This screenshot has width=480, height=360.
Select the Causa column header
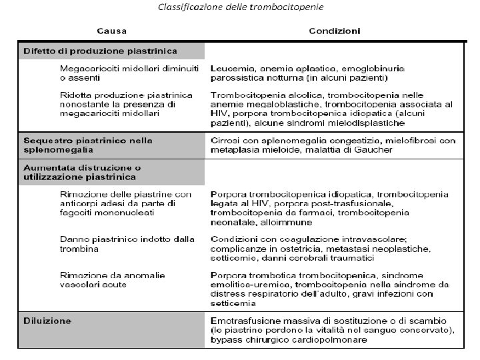pos(113,31)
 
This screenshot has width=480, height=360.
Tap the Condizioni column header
pos(335,31)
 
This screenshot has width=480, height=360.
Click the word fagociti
pos(79,213)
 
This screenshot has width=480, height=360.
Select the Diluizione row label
pos(47,321)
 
